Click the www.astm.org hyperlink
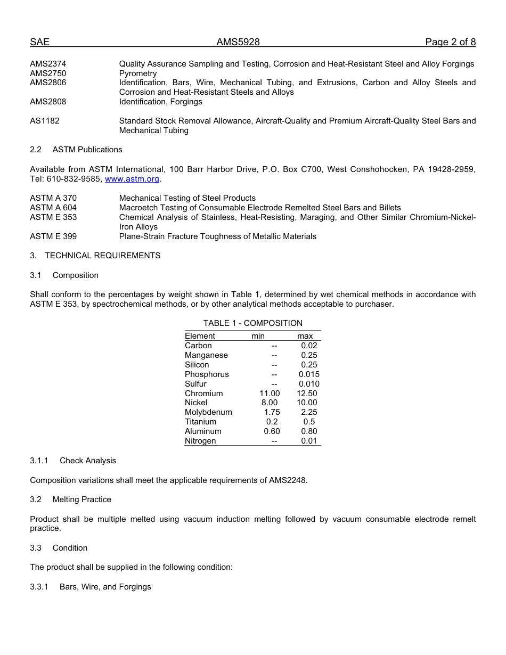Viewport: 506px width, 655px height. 132,179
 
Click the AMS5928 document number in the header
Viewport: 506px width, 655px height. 238,42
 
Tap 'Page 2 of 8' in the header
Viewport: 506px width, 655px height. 450,42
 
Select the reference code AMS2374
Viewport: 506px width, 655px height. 48,64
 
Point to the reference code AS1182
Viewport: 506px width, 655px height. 45,121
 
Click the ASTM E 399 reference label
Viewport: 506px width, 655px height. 53,236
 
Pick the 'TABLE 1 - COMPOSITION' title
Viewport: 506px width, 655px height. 252,323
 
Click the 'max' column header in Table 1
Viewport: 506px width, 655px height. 305,336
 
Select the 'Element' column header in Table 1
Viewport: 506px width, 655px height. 200,336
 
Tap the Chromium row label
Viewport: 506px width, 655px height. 203,394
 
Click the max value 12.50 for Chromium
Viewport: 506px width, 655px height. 307,394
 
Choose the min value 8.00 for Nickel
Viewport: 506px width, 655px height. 270,403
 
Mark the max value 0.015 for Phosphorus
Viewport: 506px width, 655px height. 309,374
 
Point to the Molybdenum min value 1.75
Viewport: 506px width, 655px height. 272,412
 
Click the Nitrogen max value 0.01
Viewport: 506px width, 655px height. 309,441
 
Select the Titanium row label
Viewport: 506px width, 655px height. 200,422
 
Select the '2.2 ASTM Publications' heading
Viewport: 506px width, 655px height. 76,150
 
